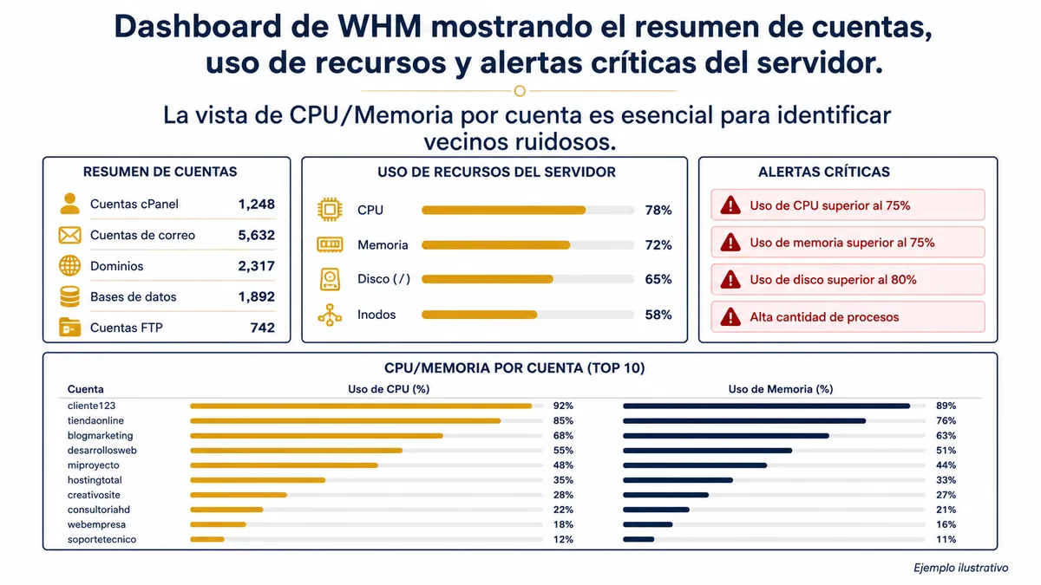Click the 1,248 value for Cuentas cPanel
click(x=256, y=205)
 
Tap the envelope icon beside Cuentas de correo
click(x=69, y=235)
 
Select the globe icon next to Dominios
click(x=69, y=266)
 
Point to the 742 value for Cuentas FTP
click(x=263, y=328)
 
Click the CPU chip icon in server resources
click(x=330, y=210)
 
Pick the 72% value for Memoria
click(x=658, y=244)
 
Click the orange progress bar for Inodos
click(x=479, y=315)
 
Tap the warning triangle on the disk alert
click(x=730, y=279)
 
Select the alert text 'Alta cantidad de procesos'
click(x=824, y=317)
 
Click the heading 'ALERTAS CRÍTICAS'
click(x=824, y=172)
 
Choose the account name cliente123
click(x=92, y=406)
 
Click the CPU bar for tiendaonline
click(x=345, y=420)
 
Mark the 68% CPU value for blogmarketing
click(x=563, y=435)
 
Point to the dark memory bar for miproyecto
click(x=695, y=465)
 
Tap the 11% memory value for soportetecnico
click(x=946, y=539)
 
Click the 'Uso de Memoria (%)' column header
click(x=780, y=389)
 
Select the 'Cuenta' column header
click(x=86, y=389)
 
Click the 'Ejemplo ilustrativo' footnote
click(x=960, y=568)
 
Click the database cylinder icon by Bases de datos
click(x=69, y=296)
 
